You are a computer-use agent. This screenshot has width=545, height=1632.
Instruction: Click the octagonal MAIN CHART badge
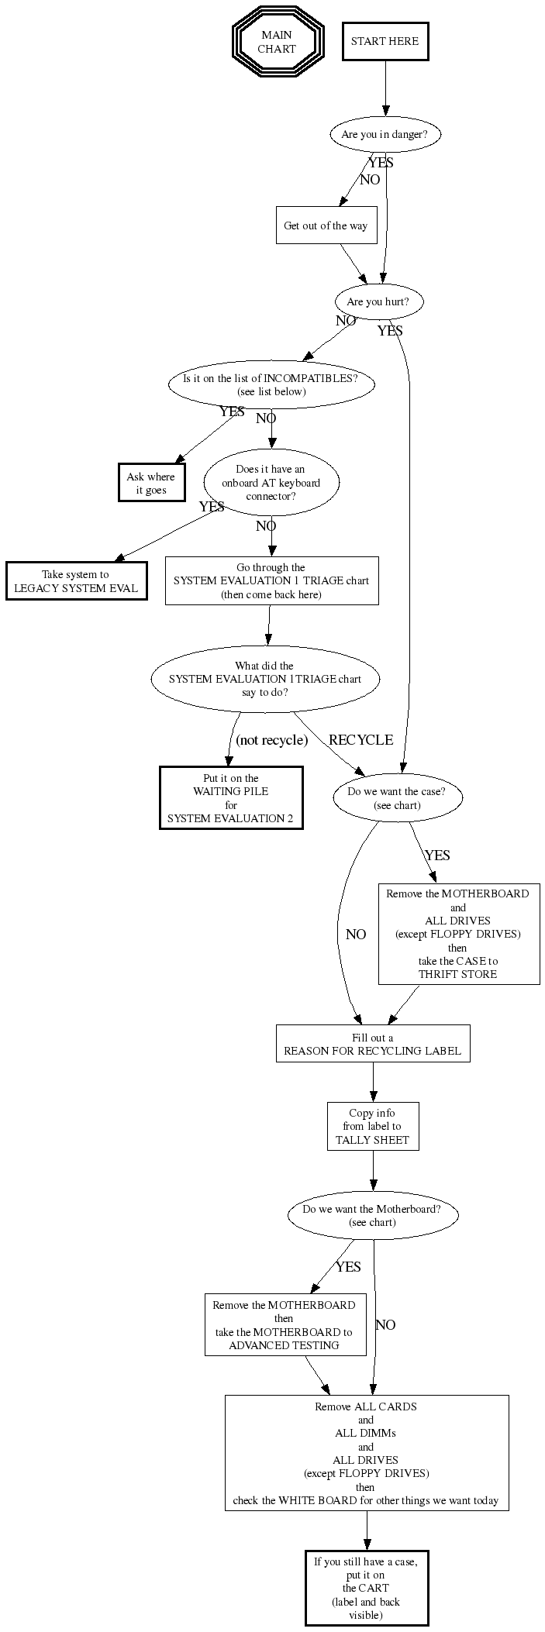point(277,42)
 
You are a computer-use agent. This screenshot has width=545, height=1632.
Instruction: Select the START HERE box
point(385,42)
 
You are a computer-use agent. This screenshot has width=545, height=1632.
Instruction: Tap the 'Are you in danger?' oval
point(385,134)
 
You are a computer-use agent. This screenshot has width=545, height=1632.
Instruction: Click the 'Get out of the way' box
point(326,226)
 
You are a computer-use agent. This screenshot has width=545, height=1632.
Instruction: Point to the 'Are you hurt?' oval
point(378,302)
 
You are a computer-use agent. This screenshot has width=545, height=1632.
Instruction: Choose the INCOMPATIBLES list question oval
point(271,384)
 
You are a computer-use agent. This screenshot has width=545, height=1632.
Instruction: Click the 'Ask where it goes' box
point(151,483)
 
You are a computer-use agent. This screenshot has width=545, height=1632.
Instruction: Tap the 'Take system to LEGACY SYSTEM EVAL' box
point(76,581)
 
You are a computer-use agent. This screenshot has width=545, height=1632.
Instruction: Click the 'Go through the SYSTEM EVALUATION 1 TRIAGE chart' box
point(271,580)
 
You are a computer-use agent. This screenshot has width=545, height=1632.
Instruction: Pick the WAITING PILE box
point(231,797)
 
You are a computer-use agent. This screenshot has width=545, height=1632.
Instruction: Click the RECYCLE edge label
point(360,740)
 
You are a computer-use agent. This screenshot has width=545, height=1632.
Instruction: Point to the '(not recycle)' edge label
point(271,740)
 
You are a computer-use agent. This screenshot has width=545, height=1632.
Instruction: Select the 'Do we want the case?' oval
point(397,798)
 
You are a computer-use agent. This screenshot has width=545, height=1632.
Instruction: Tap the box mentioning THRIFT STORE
point(458,933)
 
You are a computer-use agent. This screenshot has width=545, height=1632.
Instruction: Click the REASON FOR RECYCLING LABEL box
point(373,1044)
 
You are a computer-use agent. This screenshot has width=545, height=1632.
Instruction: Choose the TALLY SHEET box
point(373,1126)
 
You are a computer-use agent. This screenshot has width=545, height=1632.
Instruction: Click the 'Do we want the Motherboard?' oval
point(372,1215)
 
